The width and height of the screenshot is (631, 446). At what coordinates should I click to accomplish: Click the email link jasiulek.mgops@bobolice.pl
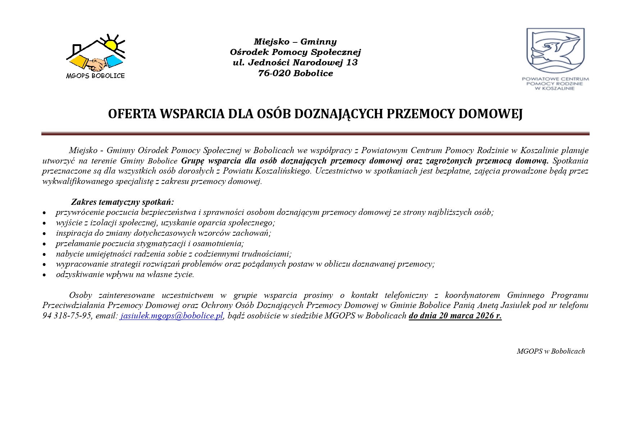172,316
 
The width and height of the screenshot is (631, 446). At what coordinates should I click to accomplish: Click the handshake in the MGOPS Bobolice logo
96,65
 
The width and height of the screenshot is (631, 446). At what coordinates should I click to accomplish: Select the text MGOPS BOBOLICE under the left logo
95,76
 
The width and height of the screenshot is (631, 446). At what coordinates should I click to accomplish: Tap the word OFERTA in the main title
132,114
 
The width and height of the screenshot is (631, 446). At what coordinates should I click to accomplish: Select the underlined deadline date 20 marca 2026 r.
470,316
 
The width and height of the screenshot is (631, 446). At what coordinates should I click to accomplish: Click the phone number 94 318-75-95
67,316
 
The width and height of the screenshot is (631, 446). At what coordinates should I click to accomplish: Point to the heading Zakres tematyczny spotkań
122,202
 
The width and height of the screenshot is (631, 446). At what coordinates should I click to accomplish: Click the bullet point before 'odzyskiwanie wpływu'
44,275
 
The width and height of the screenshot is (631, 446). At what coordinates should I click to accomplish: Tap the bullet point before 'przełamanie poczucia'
44,244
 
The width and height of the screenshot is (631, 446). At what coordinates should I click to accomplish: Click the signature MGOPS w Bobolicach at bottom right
550,351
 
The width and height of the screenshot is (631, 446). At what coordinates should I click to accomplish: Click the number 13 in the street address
352,63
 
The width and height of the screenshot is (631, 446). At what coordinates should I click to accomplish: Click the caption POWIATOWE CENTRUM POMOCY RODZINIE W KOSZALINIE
555,83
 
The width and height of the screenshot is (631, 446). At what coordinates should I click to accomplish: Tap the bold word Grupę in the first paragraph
193,161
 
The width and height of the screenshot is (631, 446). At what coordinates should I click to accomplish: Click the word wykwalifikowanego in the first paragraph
78,181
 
